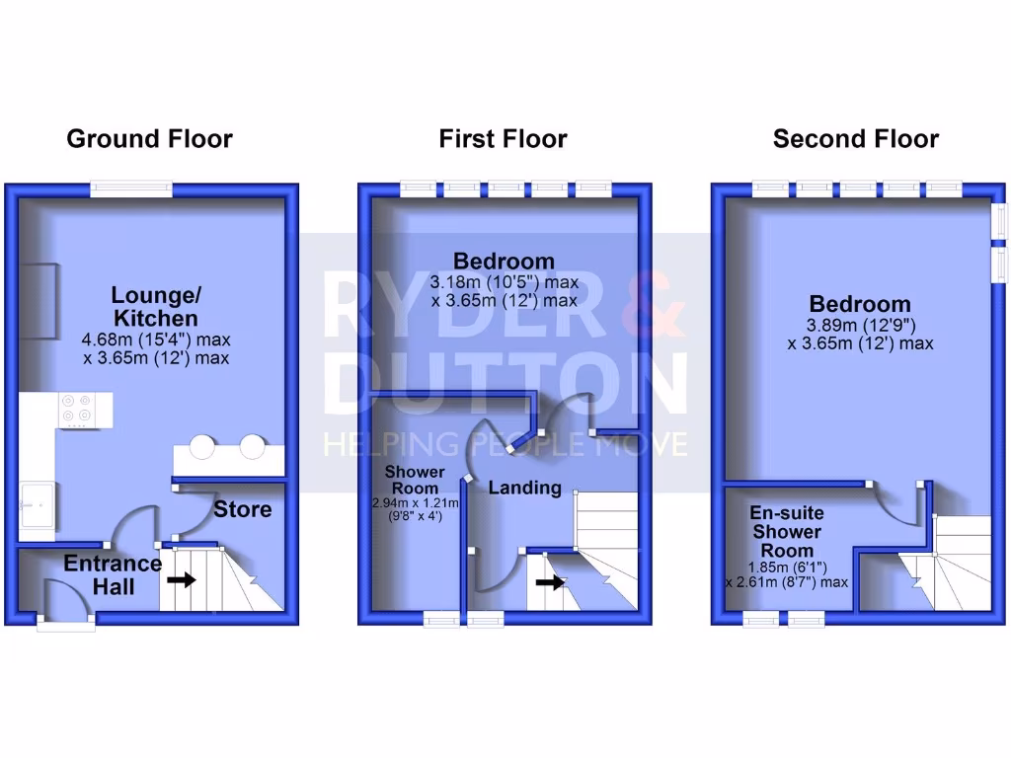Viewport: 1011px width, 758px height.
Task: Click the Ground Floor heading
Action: coord(150,139)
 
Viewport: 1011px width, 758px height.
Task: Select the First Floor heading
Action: coord(503,139)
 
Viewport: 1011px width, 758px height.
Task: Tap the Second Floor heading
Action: coord(856,139)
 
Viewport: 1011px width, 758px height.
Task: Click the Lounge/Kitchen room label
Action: coord(156,306)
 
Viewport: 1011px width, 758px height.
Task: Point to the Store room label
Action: coord(243,509)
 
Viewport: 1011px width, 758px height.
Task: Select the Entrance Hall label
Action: coord(113,575)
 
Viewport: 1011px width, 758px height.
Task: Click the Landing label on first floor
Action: coord(525,488)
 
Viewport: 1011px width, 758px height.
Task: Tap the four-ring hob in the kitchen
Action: coord(76,410)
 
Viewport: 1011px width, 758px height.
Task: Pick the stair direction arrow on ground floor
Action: coord(182,580)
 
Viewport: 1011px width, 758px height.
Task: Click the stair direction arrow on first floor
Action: coord(550,582)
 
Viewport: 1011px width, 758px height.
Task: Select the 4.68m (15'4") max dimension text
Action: coord(156,340)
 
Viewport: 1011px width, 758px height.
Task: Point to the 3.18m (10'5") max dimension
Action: coord(505,281)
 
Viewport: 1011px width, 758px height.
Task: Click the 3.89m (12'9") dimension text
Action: coord(861,325)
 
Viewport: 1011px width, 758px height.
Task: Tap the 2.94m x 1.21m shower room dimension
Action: coord(416,502)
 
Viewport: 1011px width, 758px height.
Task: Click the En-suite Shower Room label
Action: coord(787,532)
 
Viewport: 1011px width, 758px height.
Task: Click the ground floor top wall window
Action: coord(131,189)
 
